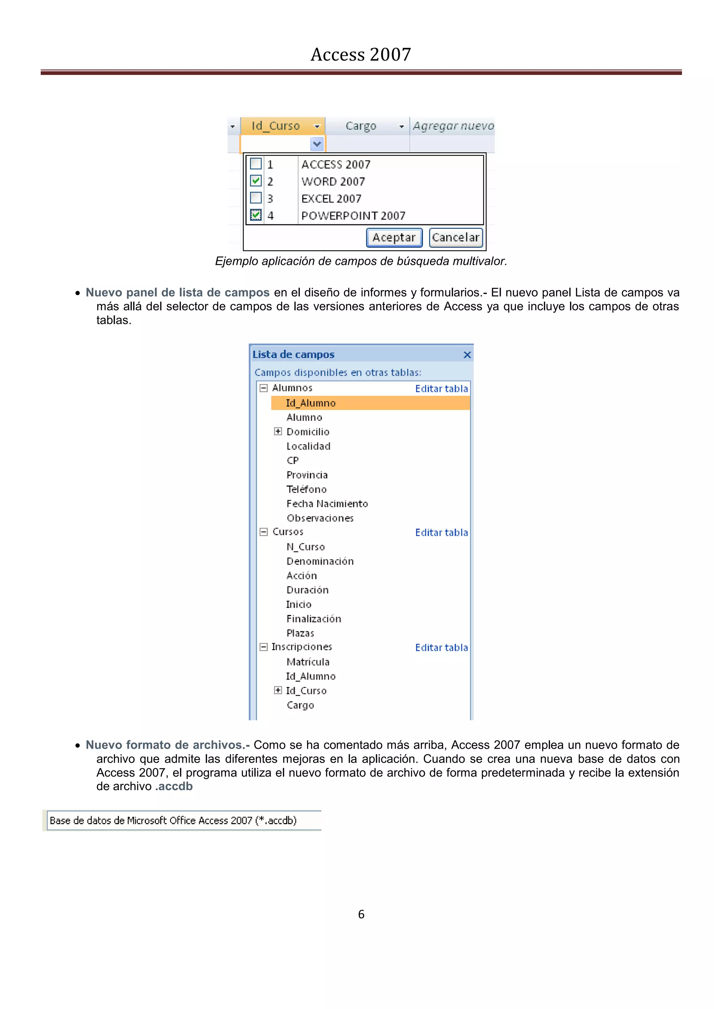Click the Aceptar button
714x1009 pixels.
point(394,237)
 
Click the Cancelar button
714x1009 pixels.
point(455,237)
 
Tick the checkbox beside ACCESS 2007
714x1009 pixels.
point(256,164)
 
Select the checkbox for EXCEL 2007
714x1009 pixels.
point(256,198)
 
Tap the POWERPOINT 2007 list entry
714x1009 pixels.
point(353,216)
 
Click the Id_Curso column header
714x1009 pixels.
point(276,126)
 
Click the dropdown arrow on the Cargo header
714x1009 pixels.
point(401,126)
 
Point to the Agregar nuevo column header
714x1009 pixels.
point(453,126)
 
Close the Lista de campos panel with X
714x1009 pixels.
point(467,355)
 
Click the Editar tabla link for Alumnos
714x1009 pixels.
point(441,388)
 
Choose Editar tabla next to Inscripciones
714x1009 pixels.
point(441,647)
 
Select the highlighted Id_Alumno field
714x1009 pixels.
point(311,403)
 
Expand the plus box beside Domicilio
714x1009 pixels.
point(278,432)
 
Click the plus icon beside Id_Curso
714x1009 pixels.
point(278,691)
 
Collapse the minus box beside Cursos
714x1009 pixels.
point(263,532)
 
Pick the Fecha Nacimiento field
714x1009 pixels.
point(327,503)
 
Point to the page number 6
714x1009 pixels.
point(361,914)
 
